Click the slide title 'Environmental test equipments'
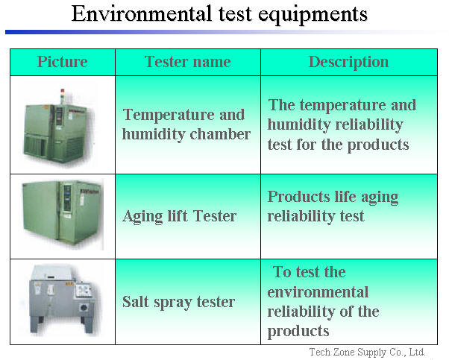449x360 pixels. (219, 13)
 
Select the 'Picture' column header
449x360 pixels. (63, 62)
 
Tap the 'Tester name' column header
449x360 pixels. (187, 62)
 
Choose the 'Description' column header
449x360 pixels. (348, 63)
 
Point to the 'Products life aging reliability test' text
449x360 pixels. (333, 206)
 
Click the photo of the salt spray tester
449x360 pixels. (63, 300)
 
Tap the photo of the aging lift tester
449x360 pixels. (63, 213)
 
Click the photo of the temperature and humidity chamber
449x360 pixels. (59, 127)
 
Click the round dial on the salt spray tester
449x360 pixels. (84, 309)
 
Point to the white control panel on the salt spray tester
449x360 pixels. (84, 291)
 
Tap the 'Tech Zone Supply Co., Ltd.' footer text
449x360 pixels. (368, 352)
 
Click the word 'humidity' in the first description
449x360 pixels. (299, 125)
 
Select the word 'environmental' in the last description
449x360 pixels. (318, 292)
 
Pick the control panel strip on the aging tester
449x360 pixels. (67, 198)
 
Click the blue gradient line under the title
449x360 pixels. (223, 32)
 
